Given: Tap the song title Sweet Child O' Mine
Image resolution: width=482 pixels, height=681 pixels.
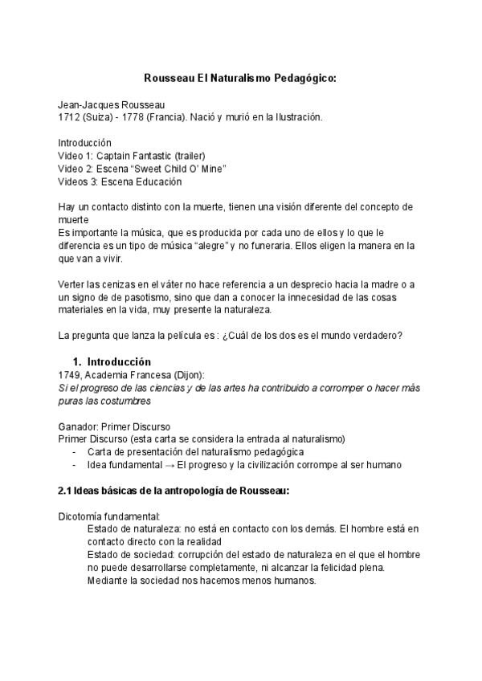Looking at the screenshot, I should [x=182, y=169].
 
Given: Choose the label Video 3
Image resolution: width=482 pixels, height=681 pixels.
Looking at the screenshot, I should [x=79, y=181].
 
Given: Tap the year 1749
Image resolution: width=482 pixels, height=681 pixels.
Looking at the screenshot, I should [x=69, y=375].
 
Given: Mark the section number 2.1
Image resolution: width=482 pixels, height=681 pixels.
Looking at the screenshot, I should [x=67, y=491].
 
